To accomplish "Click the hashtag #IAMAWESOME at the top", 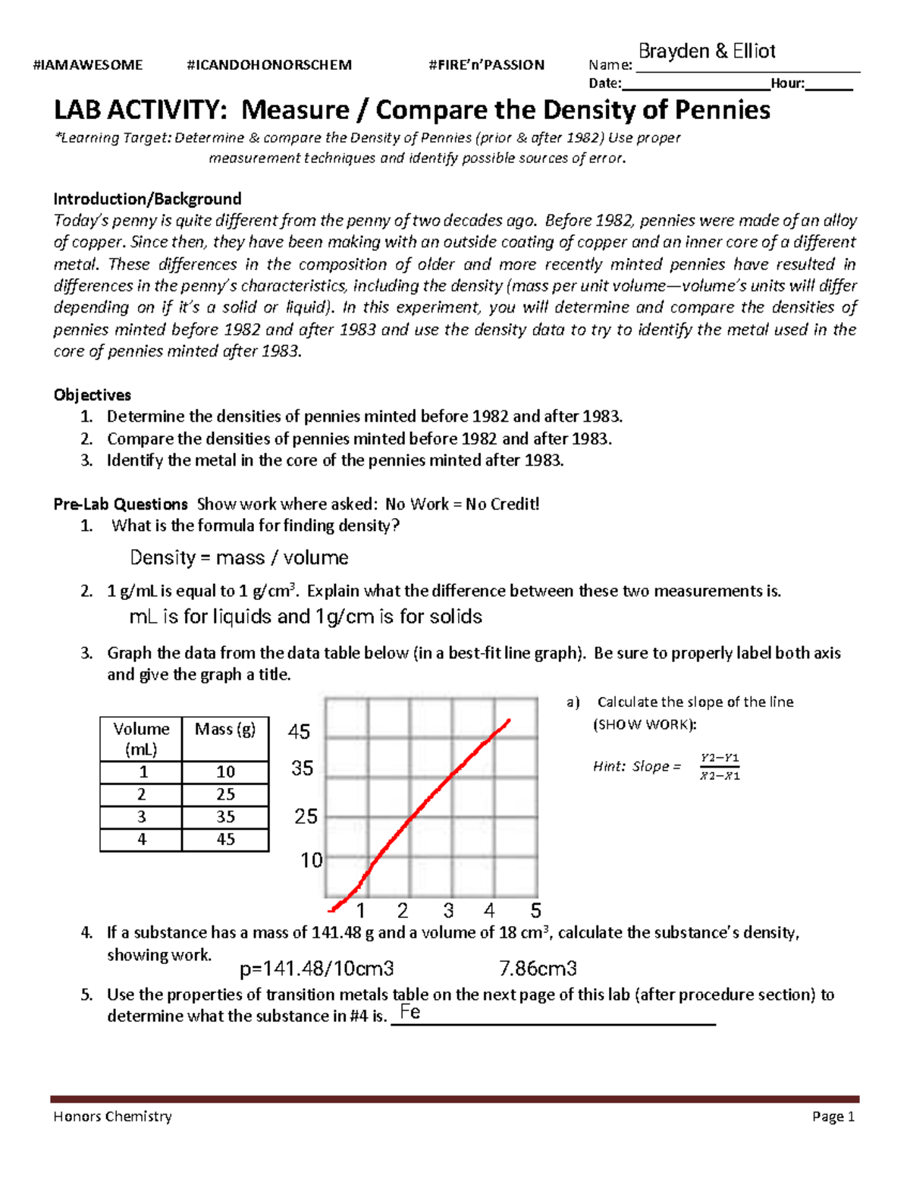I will pos(88,65).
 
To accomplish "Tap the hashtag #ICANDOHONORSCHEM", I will pos(269,65).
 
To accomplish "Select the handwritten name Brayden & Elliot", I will pos(707,52).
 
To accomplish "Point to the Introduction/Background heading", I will pos(147,199).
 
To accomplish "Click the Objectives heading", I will pos(92,395).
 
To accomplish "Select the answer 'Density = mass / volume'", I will pos(239,558).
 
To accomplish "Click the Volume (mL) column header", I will pos(141,739).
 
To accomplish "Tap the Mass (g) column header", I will pos(225,730).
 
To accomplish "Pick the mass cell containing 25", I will pos(225,795).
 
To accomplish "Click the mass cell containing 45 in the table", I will pos(225,840).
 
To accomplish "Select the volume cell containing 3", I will pos(142,817).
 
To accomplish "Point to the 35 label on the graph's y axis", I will pos(303,768).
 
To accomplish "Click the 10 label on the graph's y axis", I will pos(312,860).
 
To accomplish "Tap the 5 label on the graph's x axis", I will pos(535,910).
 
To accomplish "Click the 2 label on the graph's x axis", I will pos(403,910).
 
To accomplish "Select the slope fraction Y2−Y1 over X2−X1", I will pos(720,767).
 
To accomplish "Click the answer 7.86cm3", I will pos(538,969).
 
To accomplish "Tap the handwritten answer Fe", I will pos(410,1012).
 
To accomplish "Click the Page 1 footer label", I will pos(833,1117).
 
